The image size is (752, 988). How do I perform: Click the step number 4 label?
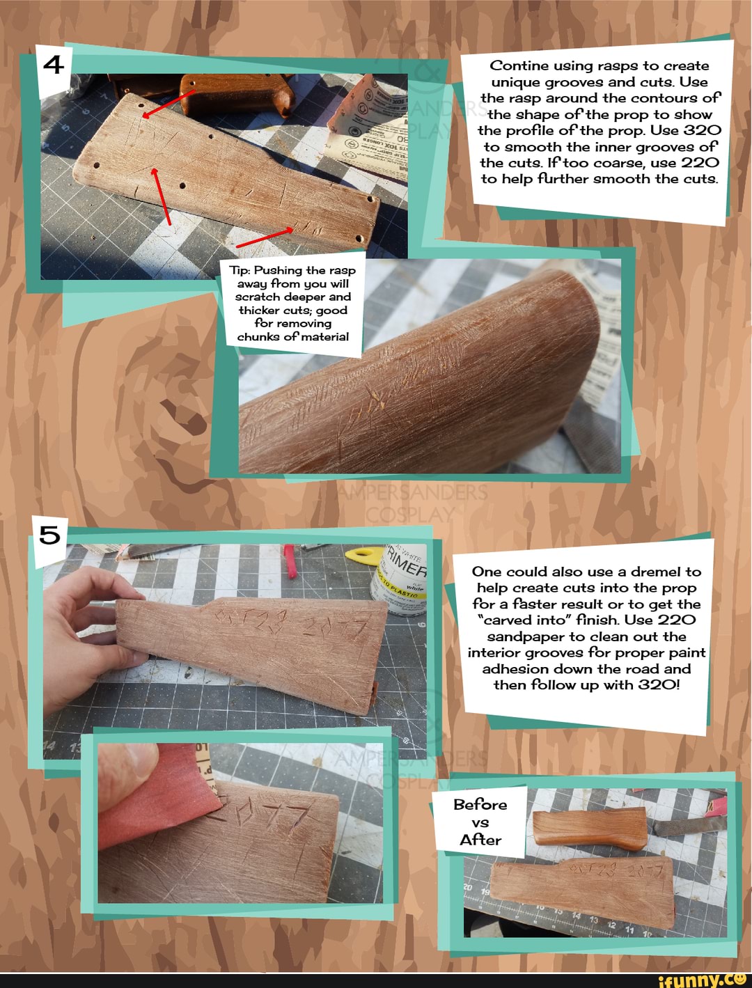53,65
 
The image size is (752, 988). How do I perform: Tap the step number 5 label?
50,535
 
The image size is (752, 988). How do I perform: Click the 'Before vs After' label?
480,822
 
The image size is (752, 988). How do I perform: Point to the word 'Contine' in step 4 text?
519,66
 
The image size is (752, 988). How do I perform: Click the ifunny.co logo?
701,980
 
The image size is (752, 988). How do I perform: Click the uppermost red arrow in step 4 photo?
169,103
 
